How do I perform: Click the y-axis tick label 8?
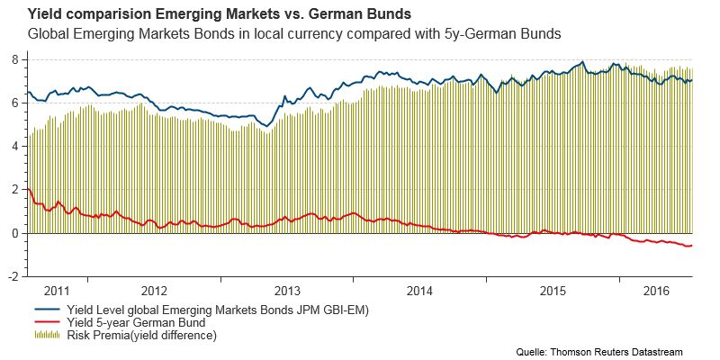tap(15, 58)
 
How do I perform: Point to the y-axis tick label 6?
tap(15, 103)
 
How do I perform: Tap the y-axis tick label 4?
tap(15, 146)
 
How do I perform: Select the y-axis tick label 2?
tap(15, 189)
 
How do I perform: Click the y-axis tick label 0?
tap(15, 233)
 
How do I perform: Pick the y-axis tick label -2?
tap(13, 276)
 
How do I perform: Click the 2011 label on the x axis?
tap(56, 291)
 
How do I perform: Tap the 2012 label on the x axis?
tap(155, 291)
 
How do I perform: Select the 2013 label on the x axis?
tap(287, 291)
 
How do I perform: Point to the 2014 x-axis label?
tap(419, 291)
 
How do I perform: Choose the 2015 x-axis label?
tap(553, 291)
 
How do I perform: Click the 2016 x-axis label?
tap(658, 291)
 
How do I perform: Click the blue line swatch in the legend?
tap(46, 310)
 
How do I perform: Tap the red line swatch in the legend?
tap(46, 322)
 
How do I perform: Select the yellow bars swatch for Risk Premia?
tap(46, 335)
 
